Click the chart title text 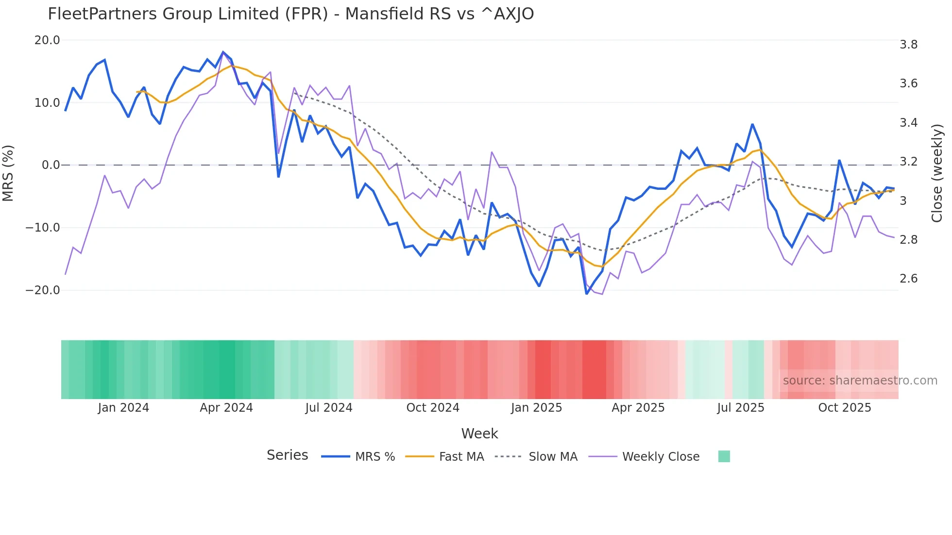pyautogui.click(x=290, y=14)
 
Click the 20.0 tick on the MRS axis pyautogui.click(x=47, y=40)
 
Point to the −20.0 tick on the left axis pyautogui.click(x=43, y=290)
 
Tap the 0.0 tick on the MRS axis pyautogui.click(x=51, y=165)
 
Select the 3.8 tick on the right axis pyautogui.click(x=908, y=45)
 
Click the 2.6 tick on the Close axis pyautogui.click(x=908, y=279)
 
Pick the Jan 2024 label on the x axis pyautogui.click(x=123, y=408)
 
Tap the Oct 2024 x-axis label pyautogui.click(x=433, y=408)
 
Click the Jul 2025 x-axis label pyautogui.click(x=740, y=408)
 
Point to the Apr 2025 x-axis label pyautogui.click(x=638, y=408)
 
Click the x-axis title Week pyautogui.click(x=479, y=434)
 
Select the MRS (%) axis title pyautogui.click(x=8, y=173)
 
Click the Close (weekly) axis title pyautogui.click(x=937, y=173)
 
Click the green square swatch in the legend pyautogui.click(x=724, y=456)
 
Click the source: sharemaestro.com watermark pyautogui.click(x=860, y=381)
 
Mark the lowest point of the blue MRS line pyautogui.click(x=587, y=294)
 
